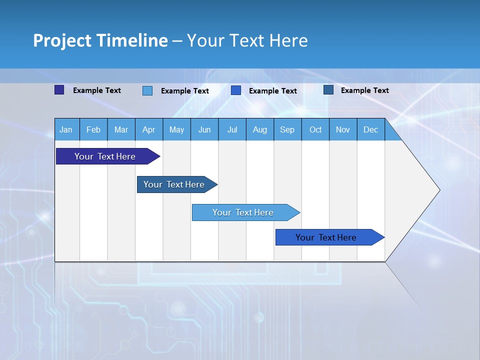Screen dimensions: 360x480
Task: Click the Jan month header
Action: pyautogui.click(x=66, y=130)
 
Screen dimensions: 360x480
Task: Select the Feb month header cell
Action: pyautogui.click(x=93, y=130)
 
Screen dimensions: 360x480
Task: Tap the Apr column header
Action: pyautogui.click(x=148, y=130)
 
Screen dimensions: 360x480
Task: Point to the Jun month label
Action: pyautogui.click(x=204, y=130)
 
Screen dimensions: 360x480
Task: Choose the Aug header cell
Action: pyautogui.click(x=259, y=130)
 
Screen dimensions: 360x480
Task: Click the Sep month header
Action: pyautogui.click(x=287, y=130)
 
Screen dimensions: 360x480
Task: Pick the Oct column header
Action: pyautogui.click(x=315, y=130)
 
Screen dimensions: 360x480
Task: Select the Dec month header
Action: pyautogui.click(x=370, y=130)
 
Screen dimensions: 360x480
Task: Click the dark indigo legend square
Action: pyautogui.click(x=59, y=90)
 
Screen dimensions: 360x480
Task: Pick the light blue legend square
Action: pyautogui.click(x=147, y=90)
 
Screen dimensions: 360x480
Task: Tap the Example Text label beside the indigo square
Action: pyautogui.click(x=97, y=90)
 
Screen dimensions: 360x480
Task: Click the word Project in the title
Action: pyautogui.click(x=62, y=40)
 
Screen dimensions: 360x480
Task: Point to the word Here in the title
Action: pyautogui.click(x=288, y=40)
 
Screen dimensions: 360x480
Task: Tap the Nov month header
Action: pyautogui.click(x=343, y=130)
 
